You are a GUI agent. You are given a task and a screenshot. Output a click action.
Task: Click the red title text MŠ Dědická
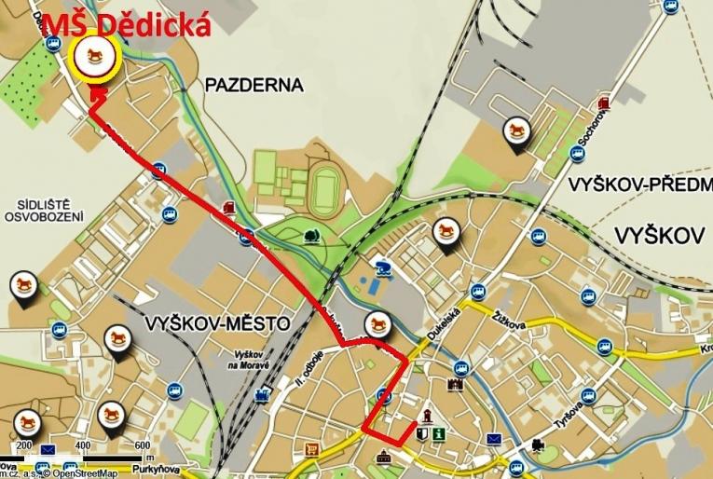click(126, 25)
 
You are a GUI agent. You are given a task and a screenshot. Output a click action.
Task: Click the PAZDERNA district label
click(254, 86)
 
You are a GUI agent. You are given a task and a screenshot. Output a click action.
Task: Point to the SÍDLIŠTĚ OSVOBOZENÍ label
click(44, 209)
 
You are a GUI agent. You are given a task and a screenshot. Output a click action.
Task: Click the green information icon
click(438, 433)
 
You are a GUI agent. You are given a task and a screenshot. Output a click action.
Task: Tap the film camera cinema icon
click(539, 445)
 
